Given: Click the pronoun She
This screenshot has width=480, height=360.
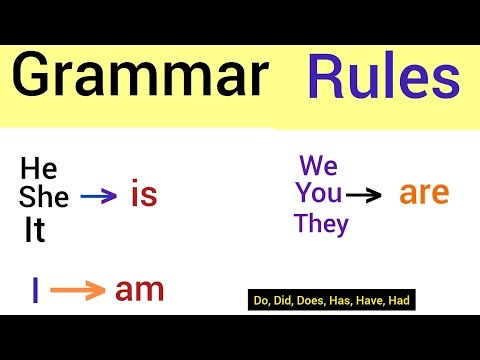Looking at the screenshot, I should (43, 198).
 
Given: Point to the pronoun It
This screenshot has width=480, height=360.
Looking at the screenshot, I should (35, 231).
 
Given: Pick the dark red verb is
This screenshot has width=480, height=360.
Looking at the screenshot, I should (144, 196).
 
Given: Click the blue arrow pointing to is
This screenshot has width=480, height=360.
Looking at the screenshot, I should (98, 198).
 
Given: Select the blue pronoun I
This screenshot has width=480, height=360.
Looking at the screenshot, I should (36, 291).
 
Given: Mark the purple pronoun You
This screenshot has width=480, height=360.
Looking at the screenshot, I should (318, 193).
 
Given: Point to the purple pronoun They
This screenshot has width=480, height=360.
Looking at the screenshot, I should (321, 224).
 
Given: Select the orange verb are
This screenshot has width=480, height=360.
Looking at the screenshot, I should (425, 192).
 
